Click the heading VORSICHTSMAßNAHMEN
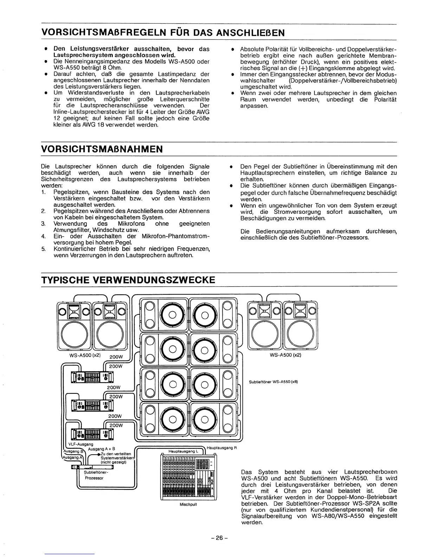(x=102, y=149)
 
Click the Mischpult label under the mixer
(x=188, y=504)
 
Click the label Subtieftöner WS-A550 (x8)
(x=273, y=382)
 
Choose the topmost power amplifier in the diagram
(x=92, y=377)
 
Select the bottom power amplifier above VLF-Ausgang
(x=92, y=434)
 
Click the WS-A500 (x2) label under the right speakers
(x=285, y=355)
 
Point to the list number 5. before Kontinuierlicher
(x=43, y=249)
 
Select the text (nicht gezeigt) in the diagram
(x=113, y=462)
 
